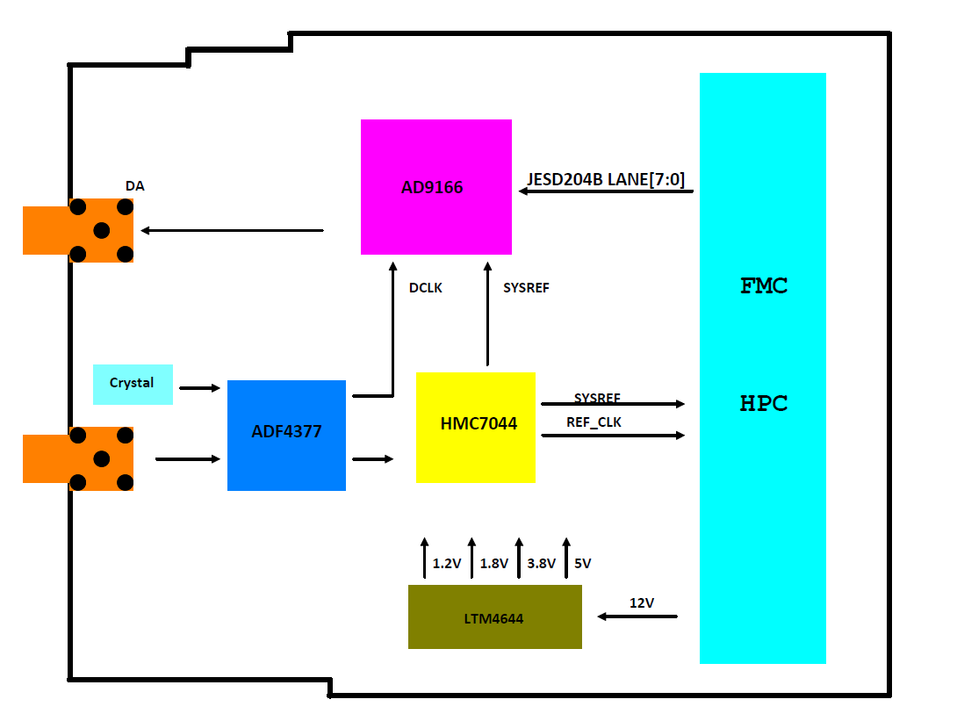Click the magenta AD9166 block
coord(435,187)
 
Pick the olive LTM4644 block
coord(494,617)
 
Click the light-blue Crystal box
coord(133,384)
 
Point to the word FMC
coord(764,285)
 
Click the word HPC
coord(764,404)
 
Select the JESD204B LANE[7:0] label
coord(605,180)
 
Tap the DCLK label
coord(426,287)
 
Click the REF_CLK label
coord(594,422)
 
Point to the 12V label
coord(642,602)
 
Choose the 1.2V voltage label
coord(447,564)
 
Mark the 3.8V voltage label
coord(542,564)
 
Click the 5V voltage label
coord(583,564)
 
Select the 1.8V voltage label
coord(494,564)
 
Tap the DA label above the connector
coord(134,186)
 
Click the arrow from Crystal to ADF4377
coord(199,387)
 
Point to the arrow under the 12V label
coord(637,616)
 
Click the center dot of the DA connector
coord(101,230)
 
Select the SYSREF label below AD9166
coord(526,287)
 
